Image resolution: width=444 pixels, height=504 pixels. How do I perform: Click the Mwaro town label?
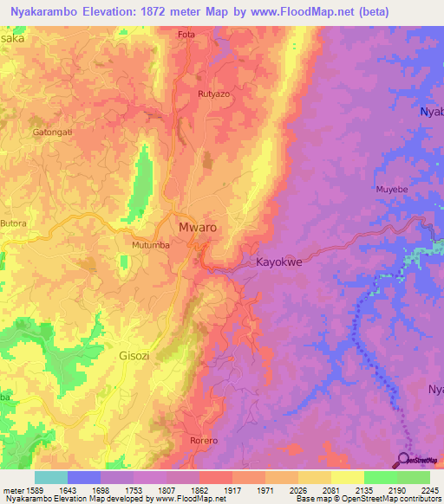197,228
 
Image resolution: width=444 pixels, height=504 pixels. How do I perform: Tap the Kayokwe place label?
278,261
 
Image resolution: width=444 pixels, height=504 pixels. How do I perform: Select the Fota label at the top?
186,35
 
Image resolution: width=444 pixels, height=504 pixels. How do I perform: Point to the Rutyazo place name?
213,94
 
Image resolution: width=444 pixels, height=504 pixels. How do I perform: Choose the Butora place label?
14,223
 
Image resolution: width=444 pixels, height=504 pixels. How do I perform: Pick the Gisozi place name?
134,355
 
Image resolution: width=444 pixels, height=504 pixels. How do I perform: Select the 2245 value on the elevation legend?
430,489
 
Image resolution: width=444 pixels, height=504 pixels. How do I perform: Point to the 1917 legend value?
232,489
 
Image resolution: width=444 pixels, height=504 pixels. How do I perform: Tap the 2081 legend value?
331,489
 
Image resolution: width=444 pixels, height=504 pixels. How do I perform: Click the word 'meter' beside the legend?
11,489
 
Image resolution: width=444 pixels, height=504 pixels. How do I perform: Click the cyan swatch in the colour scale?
50,477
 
